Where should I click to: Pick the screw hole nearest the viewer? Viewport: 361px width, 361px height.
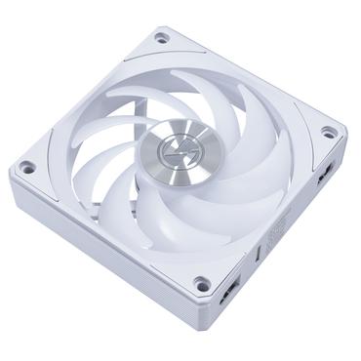201,284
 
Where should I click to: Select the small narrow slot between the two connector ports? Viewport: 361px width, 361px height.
258,257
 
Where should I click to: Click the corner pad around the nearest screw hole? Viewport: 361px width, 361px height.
199,273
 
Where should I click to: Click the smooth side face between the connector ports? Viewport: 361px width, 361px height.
278,244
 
